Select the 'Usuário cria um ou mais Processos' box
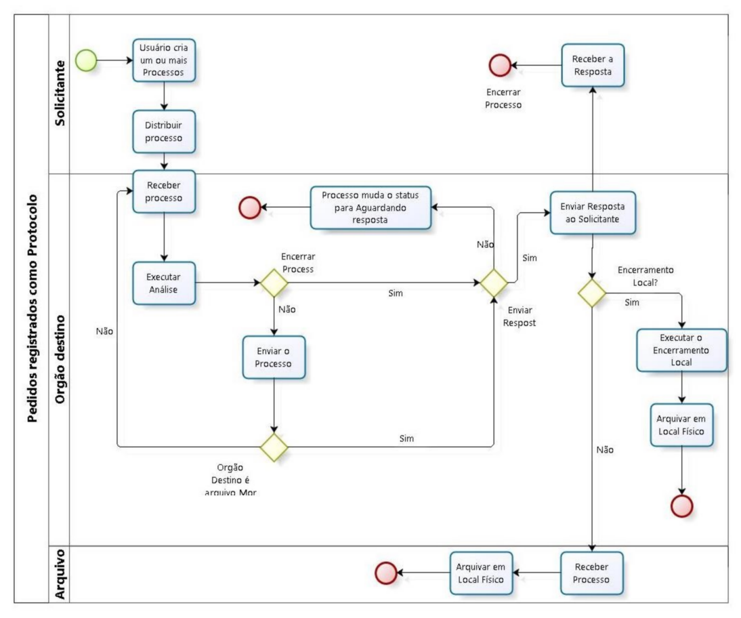pyautogui.click(x=164, y=60)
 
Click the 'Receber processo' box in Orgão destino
pyautogui.click(x=164, y=192)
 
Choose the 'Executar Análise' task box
pyautogui.click(x=164, y=283)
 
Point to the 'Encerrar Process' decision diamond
pyautogui.click(x=274, y=283)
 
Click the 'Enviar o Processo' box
pyautogui.click(x=274, y=358)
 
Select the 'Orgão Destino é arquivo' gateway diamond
pyautogui.click(x=274, y=447)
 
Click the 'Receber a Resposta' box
pyautogui.click(x=593, y=66)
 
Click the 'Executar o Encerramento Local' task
pyautogui.click(x=681, y=350)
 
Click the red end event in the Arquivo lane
pyautogui.click(x=385, y=573)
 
